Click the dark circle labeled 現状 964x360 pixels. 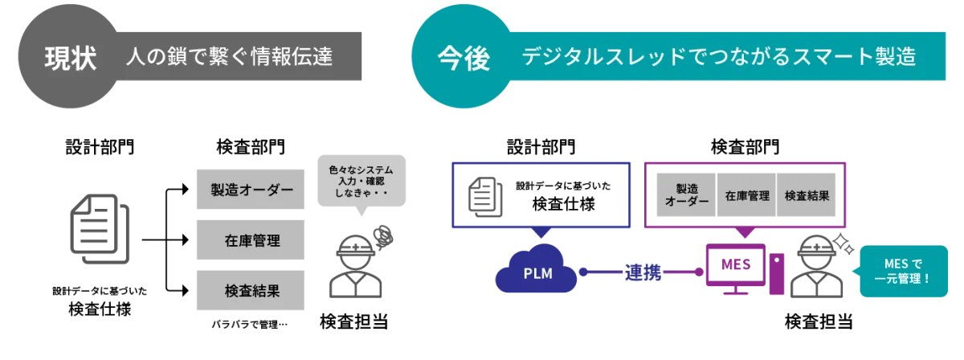pyautogui.click(x=69, y=58)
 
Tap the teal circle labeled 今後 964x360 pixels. pyautogui.click(x=463, y=58)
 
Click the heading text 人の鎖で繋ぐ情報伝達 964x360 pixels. pyautogui.click(x=229, y=57)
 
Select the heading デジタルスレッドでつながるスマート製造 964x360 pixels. pyautogui.click(x=718, y=57)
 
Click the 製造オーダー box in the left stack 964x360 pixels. pyautogui.click(x=251, y=190)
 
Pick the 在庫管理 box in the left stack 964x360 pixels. pyautogui.click(x=251, y=240)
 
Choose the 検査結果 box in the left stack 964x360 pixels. pyautogui.click(x=251, y=292)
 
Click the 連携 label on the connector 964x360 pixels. pyautogui.click(x=643, y=273)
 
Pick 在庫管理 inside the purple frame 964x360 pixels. pyautogui.click(x=747, y=195)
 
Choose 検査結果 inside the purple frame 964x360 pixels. pyautogui.click(x=807, y=195)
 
